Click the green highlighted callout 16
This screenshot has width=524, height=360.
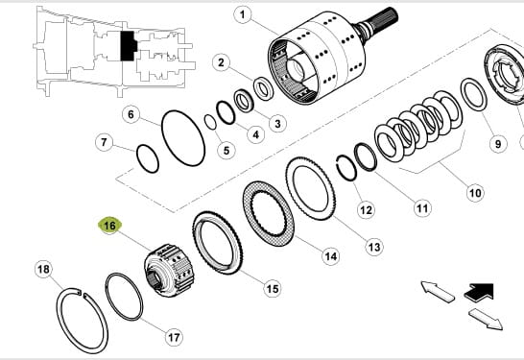click(x=110, y=226)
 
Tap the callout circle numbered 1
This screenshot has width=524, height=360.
click(x=242, y=14)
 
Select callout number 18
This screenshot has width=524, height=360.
click(x=43, y=269)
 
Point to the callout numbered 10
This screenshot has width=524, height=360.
click(x=475, y=193)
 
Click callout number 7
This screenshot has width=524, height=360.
click(x=104, y=142)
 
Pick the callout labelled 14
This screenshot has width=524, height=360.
click(x=330, y=256)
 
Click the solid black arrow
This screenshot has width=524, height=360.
click(x=480, y=292)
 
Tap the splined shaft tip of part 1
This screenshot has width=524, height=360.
click(x=387, y=16)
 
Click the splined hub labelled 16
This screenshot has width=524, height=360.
click(x=169, y=271)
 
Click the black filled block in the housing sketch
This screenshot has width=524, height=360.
click(x=128, y=46)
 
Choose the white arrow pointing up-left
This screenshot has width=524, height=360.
click(x=437, y=292)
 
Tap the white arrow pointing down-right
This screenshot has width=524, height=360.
click(x=486, y=319)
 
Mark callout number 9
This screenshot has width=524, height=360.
click(x=498, y=144)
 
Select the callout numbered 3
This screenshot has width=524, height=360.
click(x=277, y=124)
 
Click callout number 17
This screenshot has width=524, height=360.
click(x=174, y=337)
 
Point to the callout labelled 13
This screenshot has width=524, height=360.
click(x=374, y=247)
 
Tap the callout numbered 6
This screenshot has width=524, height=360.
click(x=131, y=114)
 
